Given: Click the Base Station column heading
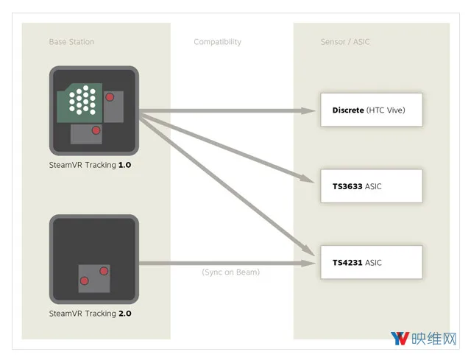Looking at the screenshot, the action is click(71, 42).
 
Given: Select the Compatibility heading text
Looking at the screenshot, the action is click(218, 42).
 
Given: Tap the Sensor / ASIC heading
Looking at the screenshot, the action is click(345, 42).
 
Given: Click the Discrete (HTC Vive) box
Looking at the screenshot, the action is click(371, 110).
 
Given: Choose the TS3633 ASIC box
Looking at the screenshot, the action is click(371, 186).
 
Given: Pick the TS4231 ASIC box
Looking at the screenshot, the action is click(371, 262).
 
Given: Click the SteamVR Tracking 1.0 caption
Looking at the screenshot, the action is click(90, 165).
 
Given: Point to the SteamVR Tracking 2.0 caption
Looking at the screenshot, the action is click(90, 314).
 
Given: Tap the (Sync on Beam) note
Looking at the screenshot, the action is click(230, 272).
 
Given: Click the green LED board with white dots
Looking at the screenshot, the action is click(79, 103).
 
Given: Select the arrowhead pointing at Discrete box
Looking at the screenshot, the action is click(308, 110).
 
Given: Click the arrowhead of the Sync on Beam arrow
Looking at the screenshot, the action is click(308, 264).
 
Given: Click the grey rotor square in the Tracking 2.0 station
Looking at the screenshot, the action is click(94, 278).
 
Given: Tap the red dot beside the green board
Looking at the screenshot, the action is click(110, 97).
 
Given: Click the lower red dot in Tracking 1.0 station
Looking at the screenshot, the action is click(96, 130).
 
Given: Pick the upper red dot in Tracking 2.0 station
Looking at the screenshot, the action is click(104, 271).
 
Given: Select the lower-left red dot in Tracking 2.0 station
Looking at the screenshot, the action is click(85, 280).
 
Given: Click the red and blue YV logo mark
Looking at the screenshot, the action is click(400, 339).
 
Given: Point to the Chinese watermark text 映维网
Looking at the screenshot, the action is click(433, 339).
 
